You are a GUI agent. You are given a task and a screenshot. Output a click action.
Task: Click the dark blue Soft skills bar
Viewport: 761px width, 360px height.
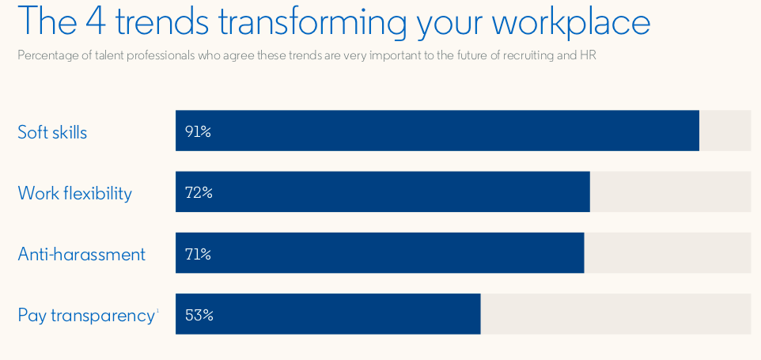pyautogui.click(x=437, y=131)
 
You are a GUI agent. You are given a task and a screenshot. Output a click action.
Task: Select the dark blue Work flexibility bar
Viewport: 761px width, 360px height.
pyautogui.click(x=382, y=191)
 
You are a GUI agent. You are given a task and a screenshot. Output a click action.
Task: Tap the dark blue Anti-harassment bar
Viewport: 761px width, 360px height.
pyautogui.click(x=380, y=252)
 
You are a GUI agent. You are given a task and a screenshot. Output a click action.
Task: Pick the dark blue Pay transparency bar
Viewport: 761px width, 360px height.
pyautogui.click(x=328, y=314)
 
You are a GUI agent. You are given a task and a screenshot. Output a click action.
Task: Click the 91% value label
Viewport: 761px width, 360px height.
pyautogui.click(x=198, y=132)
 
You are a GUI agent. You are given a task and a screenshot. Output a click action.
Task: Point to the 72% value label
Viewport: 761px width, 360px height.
pyautogui.click(x=199, y=193)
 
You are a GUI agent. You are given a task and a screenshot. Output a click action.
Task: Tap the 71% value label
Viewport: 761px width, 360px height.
pyautogui.click(x=198, y=254)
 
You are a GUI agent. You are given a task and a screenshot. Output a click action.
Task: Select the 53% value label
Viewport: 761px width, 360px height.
pyautogui.click(x=199, y=316)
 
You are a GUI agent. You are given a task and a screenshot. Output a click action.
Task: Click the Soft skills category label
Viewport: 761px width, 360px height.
pyautogui.click(x=52, y=132)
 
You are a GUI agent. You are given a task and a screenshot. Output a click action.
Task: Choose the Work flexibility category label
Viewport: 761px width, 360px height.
pyautogui.click(x=74, y=193)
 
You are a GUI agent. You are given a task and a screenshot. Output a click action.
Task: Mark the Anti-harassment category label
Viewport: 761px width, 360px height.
pyautogui.click(x=81, y=254)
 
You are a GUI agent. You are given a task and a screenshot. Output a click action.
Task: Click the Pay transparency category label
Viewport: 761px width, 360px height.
pyautogui.click(x=86, y=316)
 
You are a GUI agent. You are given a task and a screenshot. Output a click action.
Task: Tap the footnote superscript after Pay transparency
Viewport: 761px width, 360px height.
pyautogui.click(x=157, y=310)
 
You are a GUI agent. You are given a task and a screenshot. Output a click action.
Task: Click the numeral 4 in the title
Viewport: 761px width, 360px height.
pyautogui.click(x=97, y=21)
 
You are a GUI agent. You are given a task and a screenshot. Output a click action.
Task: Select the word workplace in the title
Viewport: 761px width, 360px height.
pyautogui.click(x=571, y=23)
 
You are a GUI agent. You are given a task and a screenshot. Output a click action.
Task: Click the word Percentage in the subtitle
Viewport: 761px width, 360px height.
pyautogui.click(x=40, y=55)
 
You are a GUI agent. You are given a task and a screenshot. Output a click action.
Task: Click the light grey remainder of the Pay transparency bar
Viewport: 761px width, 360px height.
pyautogui.click(x=616, y=314)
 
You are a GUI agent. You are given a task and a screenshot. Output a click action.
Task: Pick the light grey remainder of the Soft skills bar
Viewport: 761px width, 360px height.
pyautogui.click(x=725, y=131)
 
